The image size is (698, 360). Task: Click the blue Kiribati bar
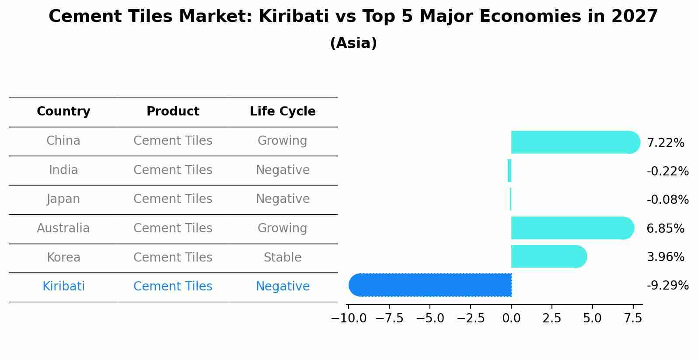[430, 285]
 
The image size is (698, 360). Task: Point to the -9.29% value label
[667, 286]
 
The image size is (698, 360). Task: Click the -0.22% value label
[667, 171]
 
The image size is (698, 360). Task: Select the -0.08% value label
[667, 200]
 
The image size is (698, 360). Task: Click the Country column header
[63, 112]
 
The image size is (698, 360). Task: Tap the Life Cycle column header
[283, 112]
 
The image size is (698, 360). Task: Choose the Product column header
[173, 112]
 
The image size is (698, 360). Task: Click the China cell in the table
[63, 141]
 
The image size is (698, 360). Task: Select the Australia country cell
[63, 228]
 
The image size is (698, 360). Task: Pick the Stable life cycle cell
[283, 258]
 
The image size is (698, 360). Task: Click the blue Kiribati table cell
[63, 287]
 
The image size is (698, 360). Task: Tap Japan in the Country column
[63, 199]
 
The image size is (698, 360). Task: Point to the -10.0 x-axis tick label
[349, 318]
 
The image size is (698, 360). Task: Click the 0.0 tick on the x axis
[511, 318]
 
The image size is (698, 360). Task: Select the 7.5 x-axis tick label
[633, 318]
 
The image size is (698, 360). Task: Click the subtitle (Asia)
[353, 43]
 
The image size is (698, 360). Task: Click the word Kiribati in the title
[293, 17]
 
